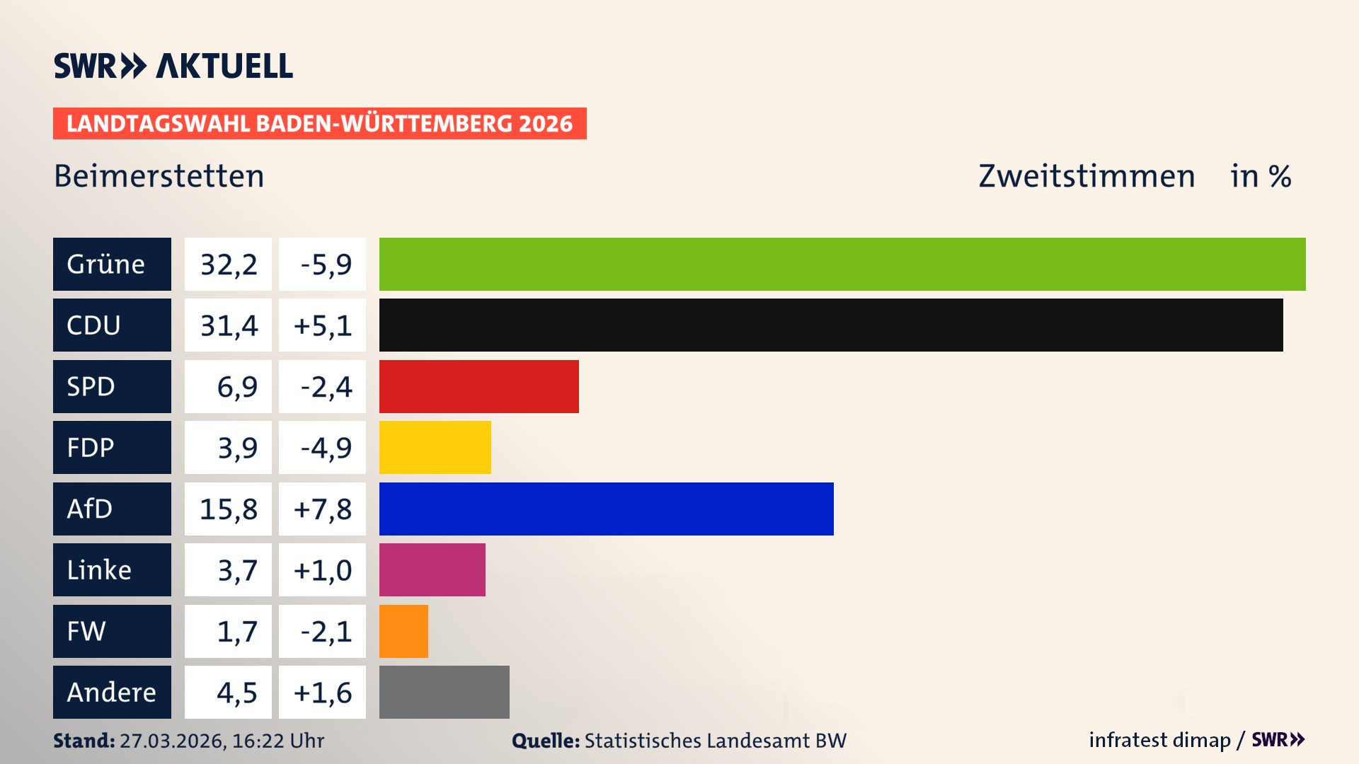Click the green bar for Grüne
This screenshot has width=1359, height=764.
842,264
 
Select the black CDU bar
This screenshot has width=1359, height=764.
831,325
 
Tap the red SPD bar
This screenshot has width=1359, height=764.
478,386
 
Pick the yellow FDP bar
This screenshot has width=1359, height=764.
435,447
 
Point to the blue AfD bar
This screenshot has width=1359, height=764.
606,509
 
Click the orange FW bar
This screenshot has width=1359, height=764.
403,631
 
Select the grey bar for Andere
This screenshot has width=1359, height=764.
444,692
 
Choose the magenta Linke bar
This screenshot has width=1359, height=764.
432,569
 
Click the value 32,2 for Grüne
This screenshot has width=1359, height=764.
228,264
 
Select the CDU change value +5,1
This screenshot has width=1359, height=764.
322,325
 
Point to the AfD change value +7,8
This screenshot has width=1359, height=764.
322,509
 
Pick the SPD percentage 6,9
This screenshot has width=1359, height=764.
236,386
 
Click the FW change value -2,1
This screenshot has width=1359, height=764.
326,631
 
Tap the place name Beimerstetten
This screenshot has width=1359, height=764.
159,176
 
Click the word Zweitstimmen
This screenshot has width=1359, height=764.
1086,176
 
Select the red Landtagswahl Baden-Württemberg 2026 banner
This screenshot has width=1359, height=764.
319,123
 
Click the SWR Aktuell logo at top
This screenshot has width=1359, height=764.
173,66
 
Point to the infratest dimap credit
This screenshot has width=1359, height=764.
1159,740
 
